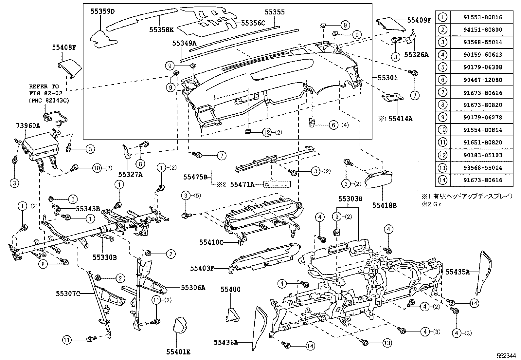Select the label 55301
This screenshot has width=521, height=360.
pos(387,78)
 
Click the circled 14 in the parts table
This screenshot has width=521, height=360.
pos(442,180)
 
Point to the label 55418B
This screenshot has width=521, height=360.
pos(384,205)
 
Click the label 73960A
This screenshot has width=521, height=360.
pos(28,125)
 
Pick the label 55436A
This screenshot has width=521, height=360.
pos(226,342)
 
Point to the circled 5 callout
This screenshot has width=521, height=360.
pos(73,199)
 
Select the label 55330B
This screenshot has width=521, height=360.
pos(104,257)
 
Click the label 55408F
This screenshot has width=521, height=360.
pos(64,47)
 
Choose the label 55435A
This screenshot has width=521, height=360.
pos(458,272)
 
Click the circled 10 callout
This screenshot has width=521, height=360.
pos(97,168)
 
